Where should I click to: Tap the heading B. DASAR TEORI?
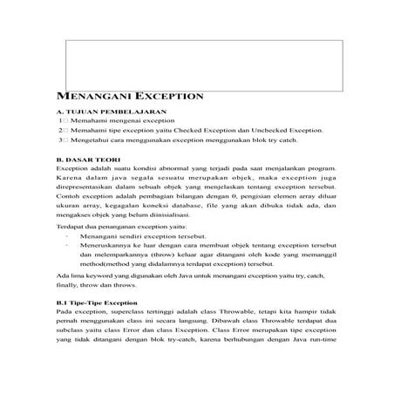(86, 160)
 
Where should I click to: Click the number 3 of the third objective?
(60, 139)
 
